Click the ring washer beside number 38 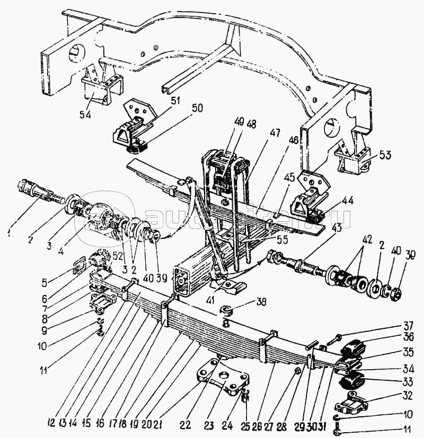[225, 309]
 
